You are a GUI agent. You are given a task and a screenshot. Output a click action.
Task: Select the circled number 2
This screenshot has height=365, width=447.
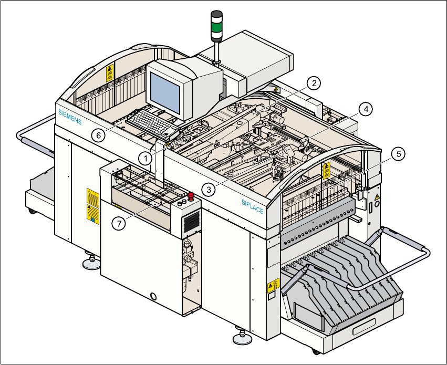[x=313, y=83]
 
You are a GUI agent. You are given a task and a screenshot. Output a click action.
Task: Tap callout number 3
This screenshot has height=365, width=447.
[x=209, y=190]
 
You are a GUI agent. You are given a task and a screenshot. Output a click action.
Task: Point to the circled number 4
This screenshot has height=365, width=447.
[x=366, y=109]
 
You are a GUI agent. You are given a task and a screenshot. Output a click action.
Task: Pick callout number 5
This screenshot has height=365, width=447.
[x=399, y=154]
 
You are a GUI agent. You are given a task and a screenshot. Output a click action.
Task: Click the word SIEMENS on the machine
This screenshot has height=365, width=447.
[x=70, y=114]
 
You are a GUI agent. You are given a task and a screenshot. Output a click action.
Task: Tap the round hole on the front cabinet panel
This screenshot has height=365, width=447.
[x=154, y=297]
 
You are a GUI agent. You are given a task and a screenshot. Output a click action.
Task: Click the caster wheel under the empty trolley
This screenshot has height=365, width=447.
[x=32, y=211]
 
